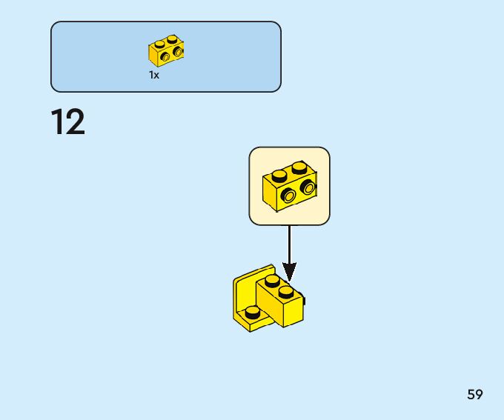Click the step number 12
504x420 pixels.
tap(68, 122)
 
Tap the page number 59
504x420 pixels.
tap(475, 394)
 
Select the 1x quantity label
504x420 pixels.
tap(154, 75)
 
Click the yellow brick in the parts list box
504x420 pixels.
tap(166, 51)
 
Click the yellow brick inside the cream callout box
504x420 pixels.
tap(289, 185)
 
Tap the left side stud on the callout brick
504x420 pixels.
tap(288, 195)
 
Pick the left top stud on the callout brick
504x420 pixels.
tap(279, 176)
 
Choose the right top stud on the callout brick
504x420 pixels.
tap(299, 167)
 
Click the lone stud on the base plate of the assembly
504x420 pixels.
tap(253, 312)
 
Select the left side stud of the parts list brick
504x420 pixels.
tap(165, 56)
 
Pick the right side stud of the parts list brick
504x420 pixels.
tap(178, 52)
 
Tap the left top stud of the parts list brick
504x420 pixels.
tap(159, 44)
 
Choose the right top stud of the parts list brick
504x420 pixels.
tap(172, 39)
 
